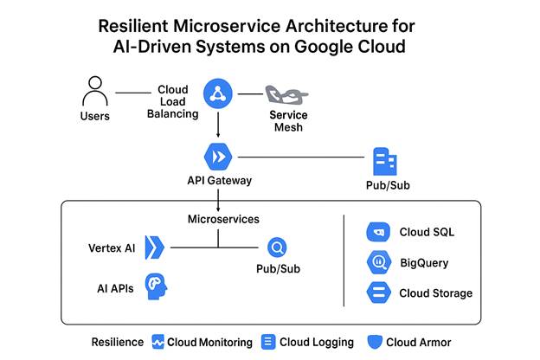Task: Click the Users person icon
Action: coord(94,92)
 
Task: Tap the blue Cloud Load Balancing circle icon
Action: coord(218,93)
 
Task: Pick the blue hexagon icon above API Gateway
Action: coord(218,157)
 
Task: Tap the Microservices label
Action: coord(223,220)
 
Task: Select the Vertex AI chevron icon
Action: coord(154,248)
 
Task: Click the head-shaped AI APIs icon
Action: coord(156,287)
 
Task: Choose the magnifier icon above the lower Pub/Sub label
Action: coord(278,248)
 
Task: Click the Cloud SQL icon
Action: coord(378,232)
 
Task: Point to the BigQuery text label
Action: coord(424,263)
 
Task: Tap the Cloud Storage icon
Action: coord(378,292)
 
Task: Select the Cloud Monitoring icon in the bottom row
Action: coord(158,342)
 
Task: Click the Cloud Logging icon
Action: coord(268,342)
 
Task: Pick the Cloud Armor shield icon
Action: coord(375,342)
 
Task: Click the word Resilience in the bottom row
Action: coord(118,342)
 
